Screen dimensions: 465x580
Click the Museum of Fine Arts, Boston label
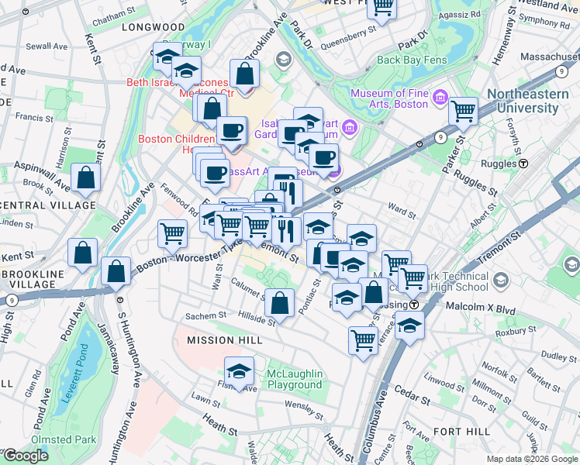(x=388, y=98)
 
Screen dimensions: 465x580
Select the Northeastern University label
(x=533, y=101)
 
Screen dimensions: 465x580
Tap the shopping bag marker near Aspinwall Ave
(x=85, y=178)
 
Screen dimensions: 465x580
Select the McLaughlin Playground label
(x=294, y=380)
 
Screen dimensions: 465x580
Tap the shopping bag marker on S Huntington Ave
(x=116, y=272)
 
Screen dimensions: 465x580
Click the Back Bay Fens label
(x=411, y=60)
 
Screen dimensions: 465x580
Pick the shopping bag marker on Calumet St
(x=280, y=302)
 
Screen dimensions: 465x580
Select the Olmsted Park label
(x=64, y=439)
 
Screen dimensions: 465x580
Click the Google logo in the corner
(x=25, y=456)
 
